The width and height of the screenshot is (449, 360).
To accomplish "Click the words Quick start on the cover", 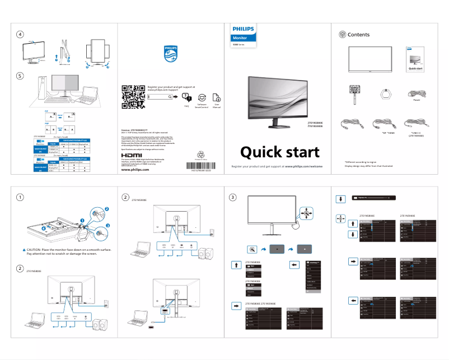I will [x=279, y=152].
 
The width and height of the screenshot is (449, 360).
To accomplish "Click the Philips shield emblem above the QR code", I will [x=170, y=54].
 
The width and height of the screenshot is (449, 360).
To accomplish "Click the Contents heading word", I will [x=358, y=35].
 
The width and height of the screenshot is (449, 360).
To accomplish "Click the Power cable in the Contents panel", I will [x=417, y=92].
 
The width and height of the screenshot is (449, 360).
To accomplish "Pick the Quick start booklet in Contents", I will [x=415, y=60].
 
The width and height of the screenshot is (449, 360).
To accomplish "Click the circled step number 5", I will [x=20, y=76].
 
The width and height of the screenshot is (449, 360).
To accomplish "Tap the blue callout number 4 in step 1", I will [x=43, y=228].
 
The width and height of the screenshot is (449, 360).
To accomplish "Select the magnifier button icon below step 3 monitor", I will [x=252, y=248].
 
